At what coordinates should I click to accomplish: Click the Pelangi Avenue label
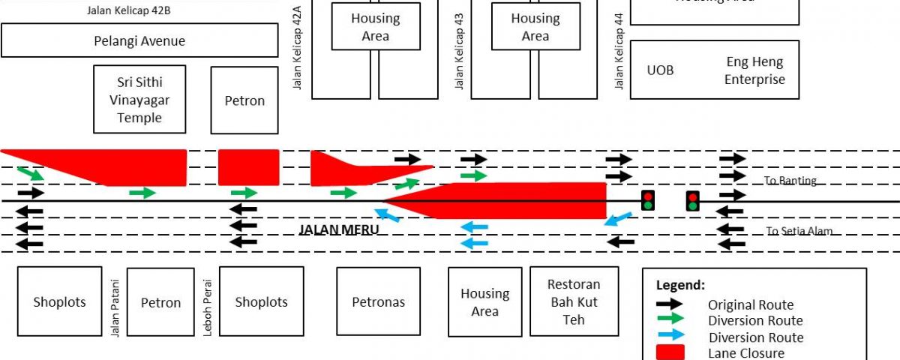[139, 40]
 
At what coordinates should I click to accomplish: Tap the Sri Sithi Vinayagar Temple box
[139, 100]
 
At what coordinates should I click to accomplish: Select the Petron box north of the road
[244, 100]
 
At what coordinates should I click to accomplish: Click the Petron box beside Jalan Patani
[160, 302]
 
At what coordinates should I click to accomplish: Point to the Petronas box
[378, 302]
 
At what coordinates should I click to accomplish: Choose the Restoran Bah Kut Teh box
[574, 301]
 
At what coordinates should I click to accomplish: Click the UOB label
[660, 70]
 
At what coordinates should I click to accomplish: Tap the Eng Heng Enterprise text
[754, 71]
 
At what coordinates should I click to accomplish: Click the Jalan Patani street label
[115, 303]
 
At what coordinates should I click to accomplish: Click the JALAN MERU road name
[339, 229]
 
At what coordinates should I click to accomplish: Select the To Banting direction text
[790, 181]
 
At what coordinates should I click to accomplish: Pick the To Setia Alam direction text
[799, 231]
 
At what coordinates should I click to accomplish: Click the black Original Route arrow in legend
[669, 304]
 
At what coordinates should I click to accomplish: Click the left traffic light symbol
[648, 200]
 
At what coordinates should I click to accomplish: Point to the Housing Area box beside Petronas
[484, 302]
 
